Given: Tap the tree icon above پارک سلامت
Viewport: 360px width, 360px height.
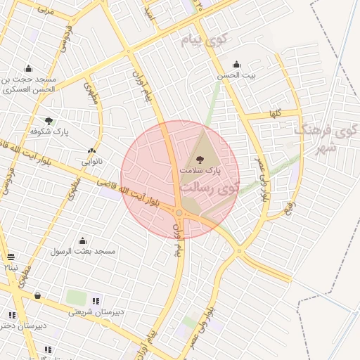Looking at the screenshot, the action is point(201,160).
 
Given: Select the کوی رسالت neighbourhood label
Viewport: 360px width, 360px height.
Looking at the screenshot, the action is point(210,188).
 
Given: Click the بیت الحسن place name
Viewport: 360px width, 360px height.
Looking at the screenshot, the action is point(236,75).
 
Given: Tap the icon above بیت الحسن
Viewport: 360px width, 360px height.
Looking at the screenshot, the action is point(236,64).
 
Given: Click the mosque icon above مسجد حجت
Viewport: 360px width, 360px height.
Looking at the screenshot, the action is point(28,68).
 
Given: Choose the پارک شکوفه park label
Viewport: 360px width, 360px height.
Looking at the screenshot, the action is point(48,131).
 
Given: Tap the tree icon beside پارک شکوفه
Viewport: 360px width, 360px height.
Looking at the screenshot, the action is point(49,121).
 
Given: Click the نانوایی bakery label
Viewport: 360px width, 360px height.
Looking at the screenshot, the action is point(91,161).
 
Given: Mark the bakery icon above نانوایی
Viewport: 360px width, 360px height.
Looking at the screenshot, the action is point(91,150).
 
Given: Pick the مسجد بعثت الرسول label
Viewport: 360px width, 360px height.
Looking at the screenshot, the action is point(83,251).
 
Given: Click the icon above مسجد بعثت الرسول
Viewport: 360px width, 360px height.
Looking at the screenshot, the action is point(83,240).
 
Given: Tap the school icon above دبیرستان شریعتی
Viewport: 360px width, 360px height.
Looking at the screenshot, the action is point(96,301).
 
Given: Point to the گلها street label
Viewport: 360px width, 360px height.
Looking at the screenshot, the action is point(275,113).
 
